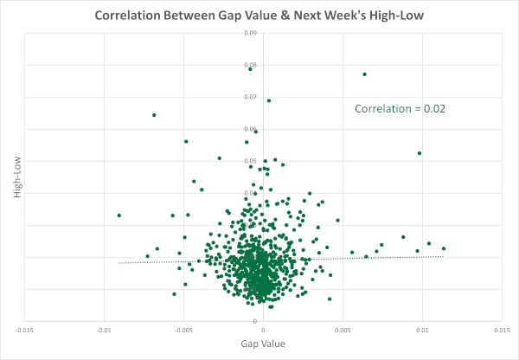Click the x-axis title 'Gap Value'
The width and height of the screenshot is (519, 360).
(262, 344)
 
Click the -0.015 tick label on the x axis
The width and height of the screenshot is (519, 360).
(25, 330)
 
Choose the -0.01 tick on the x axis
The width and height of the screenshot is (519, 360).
(105, 330)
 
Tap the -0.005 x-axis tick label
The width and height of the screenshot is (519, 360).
(183, 330)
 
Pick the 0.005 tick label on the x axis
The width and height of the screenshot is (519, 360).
(343, 330)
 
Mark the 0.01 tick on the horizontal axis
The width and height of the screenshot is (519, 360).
(423, 330)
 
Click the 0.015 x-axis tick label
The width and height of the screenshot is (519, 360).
(502, 330)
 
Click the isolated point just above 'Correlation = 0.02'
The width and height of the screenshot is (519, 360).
(364, 74)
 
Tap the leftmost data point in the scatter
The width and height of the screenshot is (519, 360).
(119, 215)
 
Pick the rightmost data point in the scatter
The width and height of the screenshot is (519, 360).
(444, 248)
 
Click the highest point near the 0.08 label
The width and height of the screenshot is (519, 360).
(250, 68)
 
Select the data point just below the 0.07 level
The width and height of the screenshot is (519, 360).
(268, 100)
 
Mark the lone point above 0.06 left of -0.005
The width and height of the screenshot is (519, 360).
(154, 115)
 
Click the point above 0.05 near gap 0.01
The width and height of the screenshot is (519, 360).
(420, 153)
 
